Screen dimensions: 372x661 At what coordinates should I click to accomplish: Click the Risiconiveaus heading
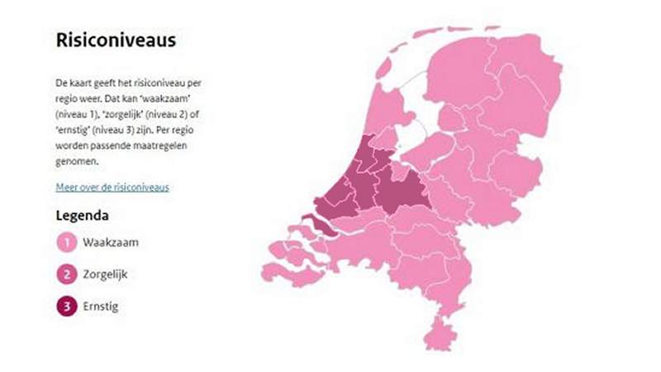tap(115, 41)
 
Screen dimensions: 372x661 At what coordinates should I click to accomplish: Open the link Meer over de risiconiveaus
tap(112, 187)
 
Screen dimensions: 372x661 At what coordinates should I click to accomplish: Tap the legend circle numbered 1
tap(65, 242)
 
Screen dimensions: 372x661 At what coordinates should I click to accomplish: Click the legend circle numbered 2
tap(65, 274)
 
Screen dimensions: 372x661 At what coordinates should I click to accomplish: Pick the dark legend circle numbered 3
tap(65, 307)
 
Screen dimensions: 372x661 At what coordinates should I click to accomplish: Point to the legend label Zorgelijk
tap(104, 274)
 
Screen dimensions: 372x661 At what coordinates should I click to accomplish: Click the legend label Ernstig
tap(100, 307)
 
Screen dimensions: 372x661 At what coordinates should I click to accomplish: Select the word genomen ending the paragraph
tap(75, 161)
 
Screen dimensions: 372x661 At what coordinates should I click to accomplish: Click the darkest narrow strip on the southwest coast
tap(317, 225)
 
